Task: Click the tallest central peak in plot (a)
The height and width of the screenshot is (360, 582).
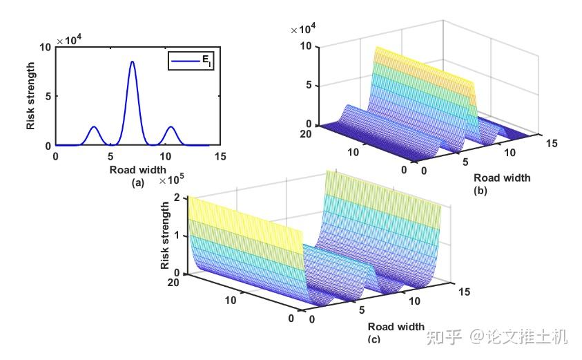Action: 133,62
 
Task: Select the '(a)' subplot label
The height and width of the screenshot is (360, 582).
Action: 137,182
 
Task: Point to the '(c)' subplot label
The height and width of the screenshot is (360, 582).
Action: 374,339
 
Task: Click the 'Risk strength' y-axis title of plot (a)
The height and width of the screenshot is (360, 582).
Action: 31,96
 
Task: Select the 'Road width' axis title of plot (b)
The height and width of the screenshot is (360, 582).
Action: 502,178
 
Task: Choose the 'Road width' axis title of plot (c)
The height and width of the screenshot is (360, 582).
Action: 396,326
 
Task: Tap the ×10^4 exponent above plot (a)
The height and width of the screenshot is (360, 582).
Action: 70,40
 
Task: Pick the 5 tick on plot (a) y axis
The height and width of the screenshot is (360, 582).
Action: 47,96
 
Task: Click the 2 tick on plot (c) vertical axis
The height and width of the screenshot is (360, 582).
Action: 178,198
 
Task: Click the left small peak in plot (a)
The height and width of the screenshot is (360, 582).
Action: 94,127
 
